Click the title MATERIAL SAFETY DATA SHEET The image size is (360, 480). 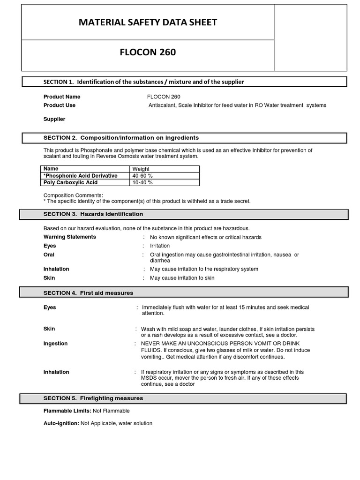(148, 22)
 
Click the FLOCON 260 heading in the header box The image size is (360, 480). (148, 52)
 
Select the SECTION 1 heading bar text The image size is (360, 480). (144, 82)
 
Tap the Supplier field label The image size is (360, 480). (54, 119)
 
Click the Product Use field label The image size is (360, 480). (60, 105)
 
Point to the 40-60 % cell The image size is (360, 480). (142, 176)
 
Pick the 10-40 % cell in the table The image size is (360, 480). (142, 183)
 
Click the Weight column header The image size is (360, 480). (141, 169)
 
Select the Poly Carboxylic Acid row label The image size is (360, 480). (70, 183)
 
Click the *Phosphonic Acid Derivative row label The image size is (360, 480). (80, 176)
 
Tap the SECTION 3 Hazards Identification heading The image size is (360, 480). (93, 214)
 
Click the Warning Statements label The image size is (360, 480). (70, 237)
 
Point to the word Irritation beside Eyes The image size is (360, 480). (160, 246)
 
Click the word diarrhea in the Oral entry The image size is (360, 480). (160, 260)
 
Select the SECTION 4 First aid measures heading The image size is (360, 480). (88, 293)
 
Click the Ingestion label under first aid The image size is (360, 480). (56, 344)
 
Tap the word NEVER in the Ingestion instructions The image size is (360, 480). (151, 344)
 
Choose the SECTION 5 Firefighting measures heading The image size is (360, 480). (93, 398)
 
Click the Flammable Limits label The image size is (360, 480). (67, 411)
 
